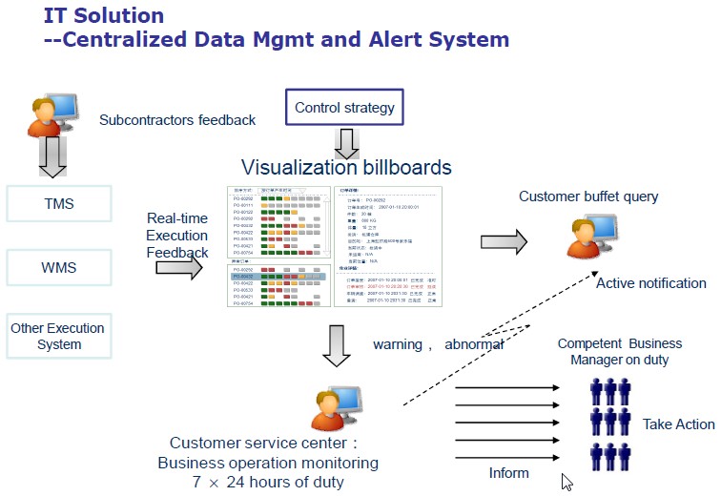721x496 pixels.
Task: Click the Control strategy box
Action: click(x=344, y=107)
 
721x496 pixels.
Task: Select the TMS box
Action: click(x=58, y=204)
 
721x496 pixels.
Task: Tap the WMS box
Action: click(x=58, y=268)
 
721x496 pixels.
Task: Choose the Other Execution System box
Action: click(x=58, y=336)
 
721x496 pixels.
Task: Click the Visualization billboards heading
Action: click(x=346, y=168)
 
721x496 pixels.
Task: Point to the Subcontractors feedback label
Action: click(x=177, y=120)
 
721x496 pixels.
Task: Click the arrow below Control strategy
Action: click(x=346, y=143)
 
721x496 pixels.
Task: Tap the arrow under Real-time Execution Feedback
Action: click(x=179, y=269)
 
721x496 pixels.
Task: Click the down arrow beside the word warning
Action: click(x=337, y=346)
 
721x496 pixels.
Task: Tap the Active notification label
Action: click(x=651, y=283)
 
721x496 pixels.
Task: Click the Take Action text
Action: click(x=678, y=424)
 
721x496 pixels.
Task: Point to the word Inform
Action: click(x=508, y=473)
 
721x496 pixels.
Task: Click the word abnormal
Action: click(x=474, y=344)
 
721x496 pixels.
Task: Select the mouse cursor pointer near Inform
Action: click(x=567, y=482)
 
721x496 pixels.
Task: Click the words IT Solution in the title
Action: click(x=104, y=16)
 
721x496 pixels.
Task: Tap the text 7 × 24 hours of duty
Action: click(x=267, y=481)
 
